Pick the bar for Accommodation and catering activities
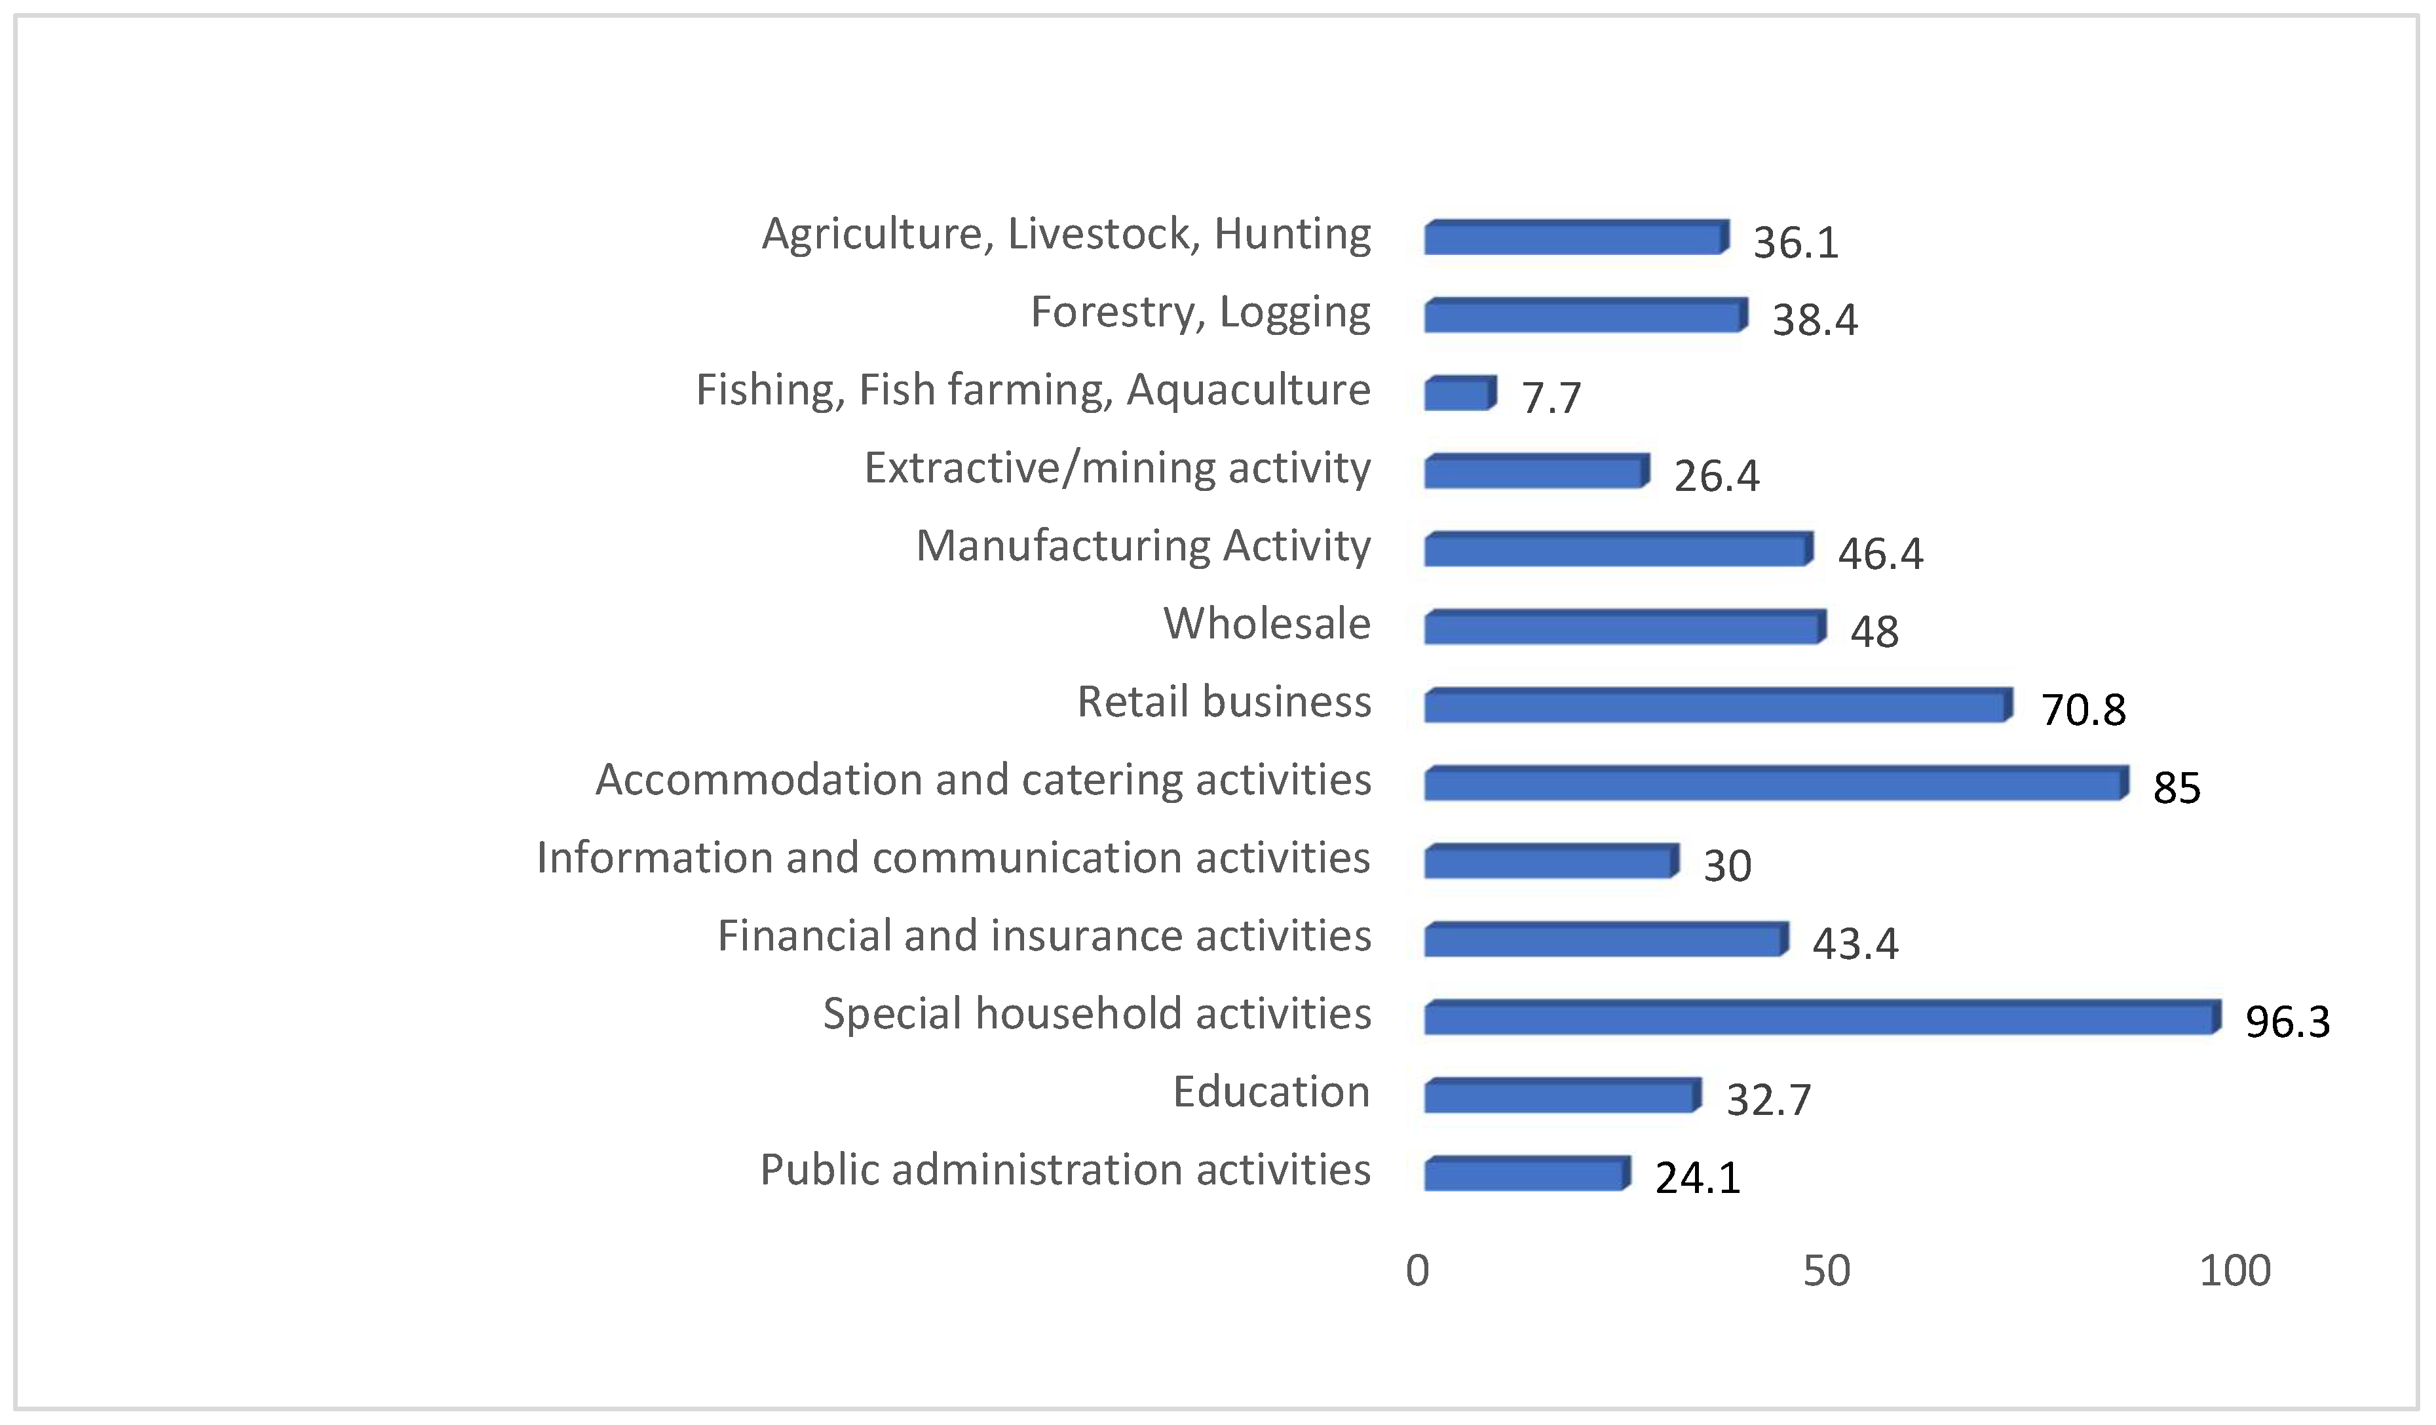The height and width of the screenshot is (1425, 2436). pyautogui.click(x=1776, y=784)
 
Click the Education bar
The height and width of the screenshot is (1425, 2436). pyautogui.click(x=1562, y=1097)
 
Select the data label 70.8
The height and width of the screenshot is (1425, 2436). pyautogui.click(x=2083, y=711)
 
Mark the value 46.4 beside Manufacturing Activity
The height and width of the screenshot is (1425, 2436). pyautogui.click(x=1880, y=554)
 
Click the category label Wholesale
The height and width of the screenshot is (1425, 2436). pyautogui.click(x=1266, y=623)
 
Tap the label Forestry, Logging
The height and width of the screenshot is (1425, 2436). pyautogui.click(x=1200, y=312)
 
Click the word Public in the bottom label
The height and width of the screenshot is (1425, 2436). pyautogui.click(x=819, y=1171)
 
